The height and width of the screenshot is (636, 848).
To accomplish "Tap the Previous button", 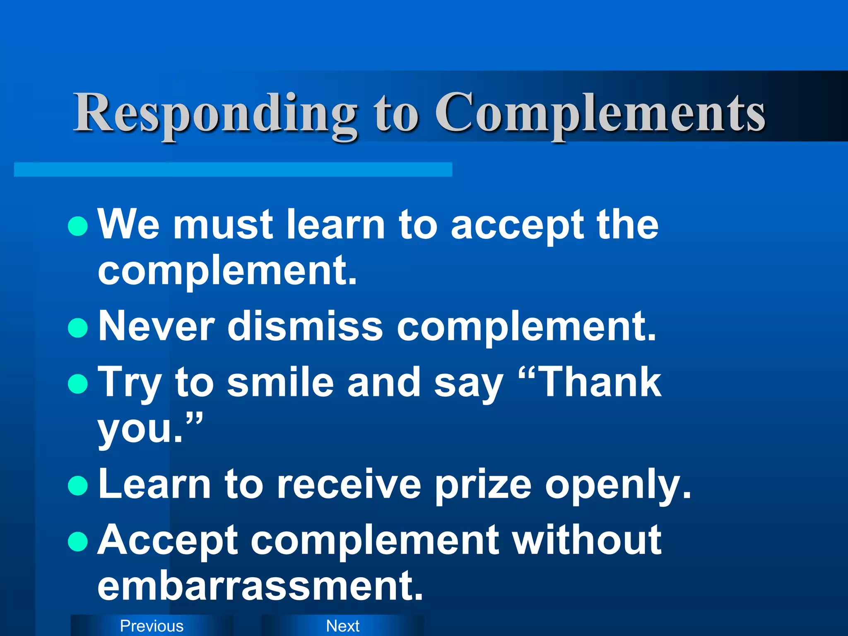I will coord(152,626).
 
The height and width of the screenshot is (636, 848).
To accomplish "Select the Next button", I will coord(343,626).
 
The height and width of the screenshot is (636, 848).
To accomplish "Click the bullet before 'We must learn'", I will coord(78,226).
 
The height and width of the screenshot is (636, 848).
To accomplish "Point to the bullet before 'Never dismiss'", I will coord(78,328).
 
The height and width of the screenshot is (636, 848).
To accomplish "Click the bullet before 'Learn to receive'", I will coord(78,485).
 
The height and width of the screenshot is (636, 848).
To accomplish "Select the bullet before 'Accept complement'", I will coord(78,541).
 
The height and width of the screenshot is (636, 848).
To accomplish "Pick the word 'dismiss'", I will coord(305,327).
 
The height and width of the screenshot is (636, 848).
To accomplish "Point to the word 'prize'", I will coord(483,484).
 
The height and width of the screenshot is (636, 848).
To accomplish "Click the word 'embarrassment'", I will coord(260,585).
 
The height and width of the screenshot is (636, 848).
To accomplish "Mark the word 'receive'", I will coord(349,484).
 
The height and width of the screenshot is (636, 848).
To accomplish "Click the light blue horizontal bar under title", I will coord(233,170).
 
